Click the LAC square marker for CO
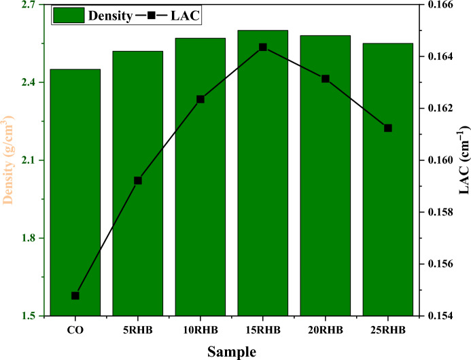(75, 295)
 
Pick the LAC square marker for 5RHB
(138, 181)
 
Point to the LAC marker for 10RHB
(200, 99)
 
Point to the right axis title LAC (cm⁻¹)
(464, 161)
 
